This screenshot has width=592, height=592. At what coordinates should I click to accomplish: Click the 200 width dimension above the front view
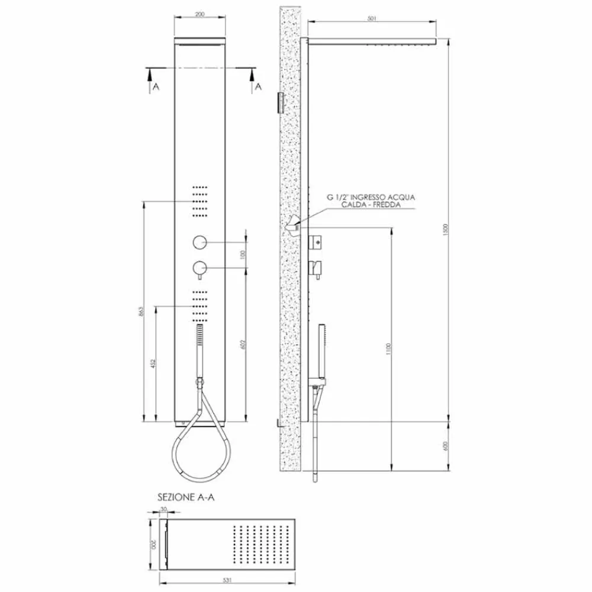[x=200, y=15]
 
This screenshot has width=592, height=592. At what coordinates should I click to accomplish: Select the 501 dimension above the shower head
[x=372, y=19]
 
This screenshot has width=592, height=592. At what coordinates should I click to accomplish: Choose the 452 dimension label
[x=152, y=362]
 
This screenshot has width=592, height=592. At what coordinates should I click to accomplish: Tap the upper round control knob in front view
[x=200, y=242]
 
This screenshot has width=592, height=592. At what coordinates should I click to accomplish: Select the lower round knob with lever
[x=200, y=269]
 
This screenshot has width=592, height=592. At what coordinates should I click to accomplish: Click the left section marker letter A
[x=156, y=86]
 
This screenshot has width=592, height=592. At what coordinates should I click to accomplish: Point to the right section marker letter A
[x=258, y=86]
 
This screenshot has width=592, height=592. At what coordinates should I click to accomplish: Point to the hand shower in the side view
[x=321, y=349]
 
